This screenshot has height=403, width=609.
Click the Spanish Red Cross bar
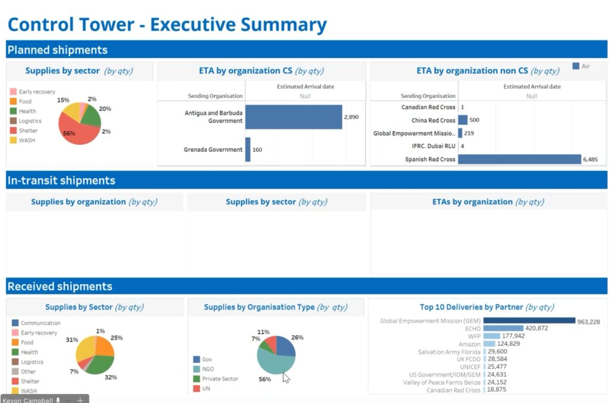pyautogui.click(x=519, y=159)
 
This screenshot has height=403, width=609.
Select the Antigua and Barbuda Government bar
pyautogui.click(x=293, y=117)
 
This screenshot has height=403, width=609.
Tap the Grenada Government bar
pyautogui.click(x=247, y=150)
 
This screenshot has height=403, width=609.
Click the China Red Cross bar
pyautogui.click(x=463, y=120)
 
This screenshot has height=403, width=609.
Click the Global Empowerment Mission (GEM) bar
pyautogui.click(x=529, y=321)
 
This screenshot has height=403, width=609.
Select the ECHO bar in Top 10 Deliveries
pyautogui.click(x=503, y=328)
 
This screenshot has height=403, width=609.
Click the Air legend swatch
pyautogui.click(x=576, y=67)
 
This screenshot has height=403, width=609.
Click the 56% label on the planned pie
pyautogui.click(x=69, y=133)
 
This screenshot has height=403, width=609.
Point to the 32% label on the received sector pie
pyautogui.click(x=111, y=377)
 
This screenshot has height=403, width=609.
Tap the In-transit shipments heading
pyautogui.click(x=61, y=180)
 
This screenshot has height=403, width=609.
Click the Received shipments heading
pyautogui.click(x=59, y=286)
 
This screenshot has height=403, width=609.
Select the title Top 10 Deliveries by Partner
pyautogui.click(x=471, y=307)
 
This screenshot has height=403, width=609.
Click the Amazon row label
pyautogui.click(x=469, y=344)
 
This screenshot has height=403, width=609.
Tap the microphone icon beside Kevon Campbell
pyautogui.click(x=58, y=400)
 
